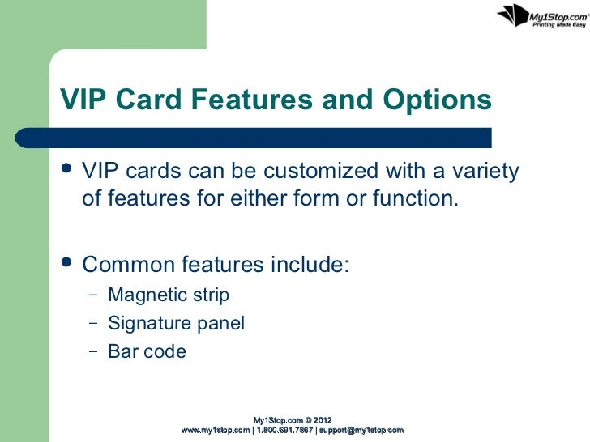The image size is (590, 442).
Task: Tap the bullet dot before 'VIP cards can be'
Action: (67, 172)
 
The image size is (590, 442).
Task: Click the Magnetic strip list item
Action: (169, 295)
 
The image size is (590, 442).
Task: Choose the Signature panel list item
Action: (176, 324)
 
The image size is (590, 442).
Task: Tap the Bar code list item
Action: (147, 352)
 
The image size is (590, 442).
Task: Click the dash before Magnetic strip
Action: (92, 295)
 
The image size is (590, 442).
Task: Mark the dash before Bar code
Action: (92, 352)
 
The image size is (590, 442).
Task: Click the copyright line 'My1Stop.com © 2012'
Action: (293, 419)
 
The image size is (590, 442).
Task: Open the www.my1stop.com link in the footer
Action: (216, 430)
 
